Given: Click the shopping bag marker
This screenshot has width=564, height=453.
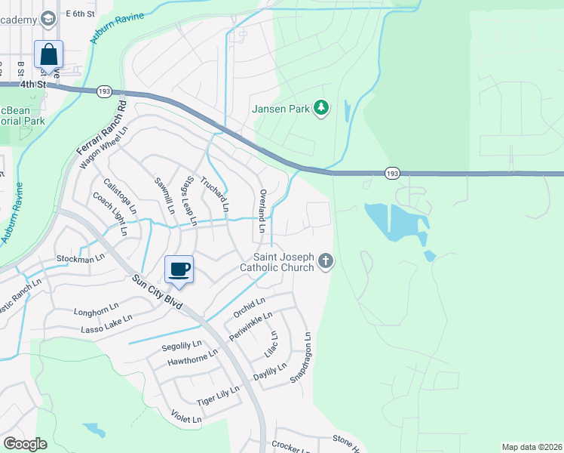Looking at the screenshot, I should pos(49,55).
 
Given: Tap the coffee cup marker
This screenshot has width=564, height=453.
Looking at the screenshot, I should pos(179,270).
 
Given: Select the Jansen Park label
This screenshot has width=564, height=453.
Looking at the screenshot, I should pos(281,109).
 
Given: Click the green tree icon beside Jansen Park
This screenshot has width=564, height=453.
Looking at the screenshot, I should pos(322,108).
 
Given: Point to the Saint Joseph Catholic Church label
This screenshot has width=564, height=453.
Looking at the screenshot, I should pos(277,262).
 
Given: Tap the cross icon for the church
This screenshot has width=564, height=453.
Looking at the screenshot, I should pos(326,262).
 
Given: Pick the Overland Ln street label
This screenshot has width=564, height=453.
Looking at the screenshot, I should pos(262,210).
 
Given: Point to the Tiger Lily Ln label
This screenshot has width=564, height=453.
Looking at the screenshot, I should pos(218,394).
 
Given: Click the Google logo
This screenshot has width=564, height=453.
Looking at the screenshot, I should pos(25,444).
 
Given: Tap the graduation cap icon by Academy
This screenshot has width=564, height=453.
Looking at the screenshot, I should pos(48,17).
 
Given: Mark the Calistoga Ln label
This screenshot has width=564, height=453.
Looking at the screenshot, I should pos(121,195).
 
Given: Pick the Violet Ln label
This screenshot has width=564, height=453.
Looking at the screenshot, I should pos(186,417).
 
